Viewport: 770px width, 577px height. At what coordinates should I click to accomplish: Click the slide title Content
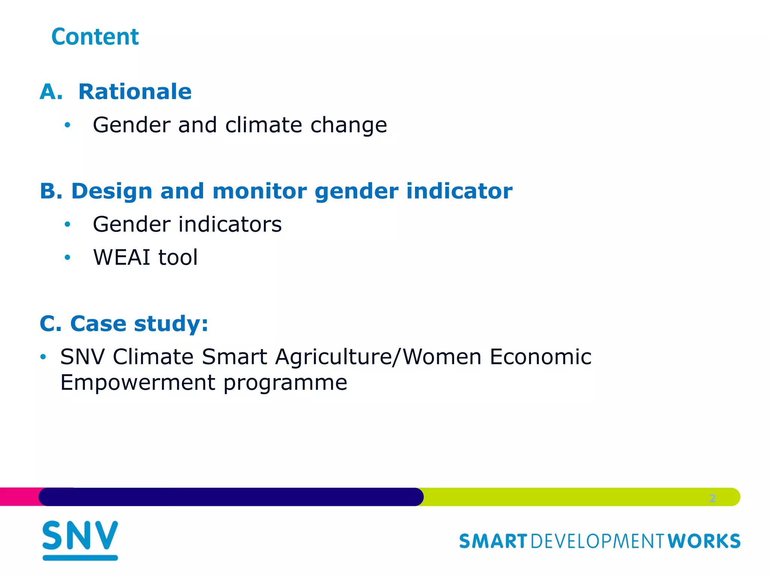(x=95, y=37)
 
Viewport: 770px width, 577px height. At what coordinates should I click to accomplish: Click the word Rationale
(x=135, y=92)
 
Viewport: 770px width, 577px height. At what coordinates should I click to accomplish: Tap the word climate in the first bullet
(x=264, y=125)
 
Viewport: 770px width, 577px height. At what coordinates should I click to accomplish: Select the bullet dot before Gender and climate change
(x=67, y=125)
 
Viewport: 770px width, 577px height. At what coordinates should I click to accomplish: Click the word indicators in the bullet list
(x=230, y=224)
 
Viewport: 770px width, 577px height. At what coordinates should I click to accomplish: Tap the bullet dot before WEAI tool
(x=67, y=257)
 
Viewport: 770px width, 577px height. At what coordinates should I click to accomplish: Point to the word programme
(x=285, y=383)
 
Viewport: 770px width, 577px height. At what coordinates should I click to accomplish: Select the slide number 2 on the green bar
(x=712, y=498)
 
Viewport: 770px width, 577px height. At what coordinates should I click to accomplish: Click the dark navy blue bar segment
(x=231, y=497)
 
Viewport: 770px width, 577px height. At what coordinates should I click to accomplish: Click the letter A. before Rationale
(x=51, y=92)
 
